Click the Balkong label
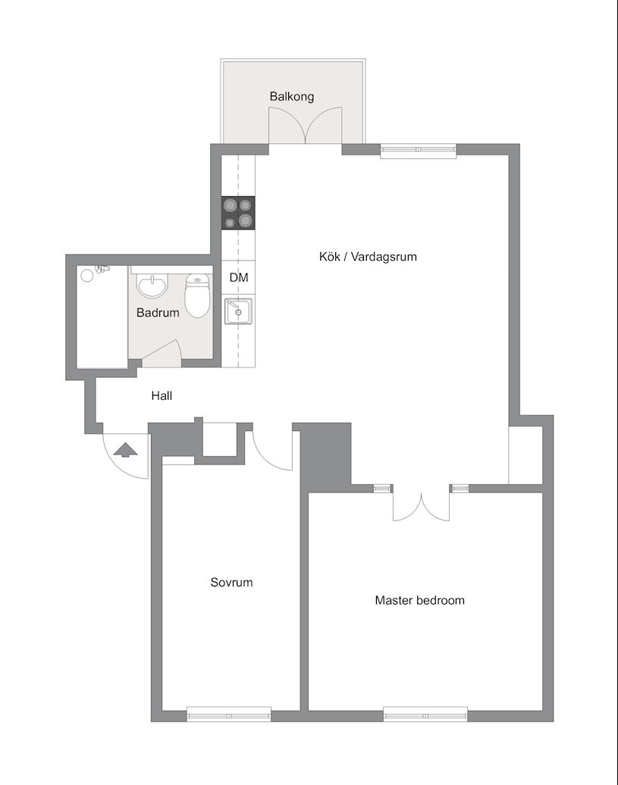[291, 96]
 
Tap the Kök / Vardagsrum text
[368, 257]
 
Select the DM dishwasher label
[239, 277]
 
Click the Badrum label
[158, 313]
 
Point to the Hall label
[162, 396]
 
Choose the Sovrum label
[231, 582]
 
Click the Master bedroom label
[419, 600]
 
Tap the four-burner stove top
[238, 213]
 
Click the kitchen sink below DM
[238, 311]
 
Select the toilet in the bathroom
[197, 296]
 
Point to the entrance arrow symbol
[125, 449]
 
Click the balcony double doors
[306, 126]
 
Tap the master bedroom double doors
[422, 505]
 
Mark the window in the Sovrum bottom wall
[229, 714]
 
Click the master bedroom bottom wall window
[425, 714]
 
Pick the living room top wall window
[419, 152]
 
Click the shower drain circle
[88, 275]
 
